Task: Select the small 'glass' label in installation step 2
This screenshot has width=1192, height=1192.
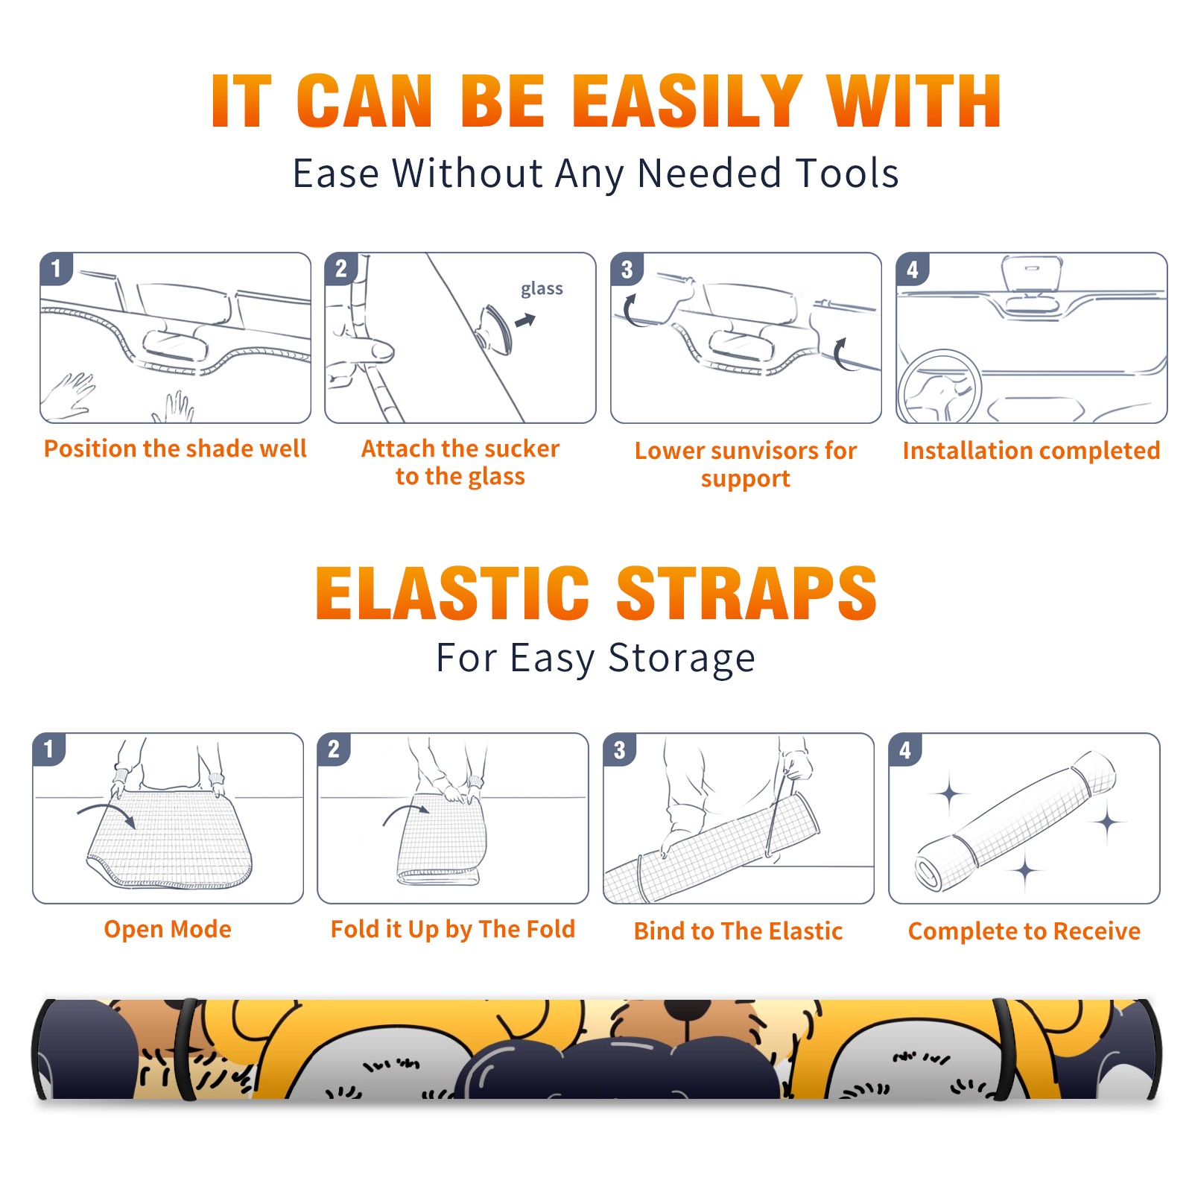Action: [x=542, y=289]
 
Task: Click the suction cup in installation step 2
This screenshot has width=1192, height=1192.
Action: [x=495, y=329]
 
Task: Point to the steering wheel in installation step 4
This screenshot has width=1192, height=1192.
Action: [x=940, y=387]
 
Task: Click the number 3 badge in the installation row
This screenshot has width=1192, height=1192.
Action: [x=627, y=269]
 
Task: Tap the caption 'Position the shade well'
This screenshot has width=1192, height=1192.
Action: [x=175, y=448]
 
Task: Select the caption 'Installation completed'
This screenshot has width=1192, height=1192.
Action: [x=1031, y=450]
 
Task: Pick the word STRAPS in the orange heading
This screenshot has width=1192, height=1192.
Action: [x=746, y=593]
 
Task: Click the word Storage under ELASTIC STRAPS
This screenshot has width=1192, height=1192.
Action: [x=682, y=659]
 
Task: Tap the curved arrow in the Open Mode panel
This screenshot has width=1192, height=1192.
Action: [x=107, y=813]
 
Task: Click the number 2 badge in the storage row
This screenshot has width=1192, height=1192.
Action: [x=334, y=749]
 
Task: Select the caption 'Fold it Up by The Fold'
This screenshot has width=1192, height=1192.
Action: [x=453, y=929]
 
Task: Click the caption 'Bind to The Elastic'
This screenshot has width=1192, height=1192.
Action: [x=738, y=931]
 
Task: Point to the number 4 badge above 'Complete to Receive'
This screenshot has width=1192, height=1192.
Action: [x=905, y=749]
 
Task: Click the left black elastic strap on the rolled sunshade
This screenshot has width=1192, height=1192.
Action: [x=186, y=1050]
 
